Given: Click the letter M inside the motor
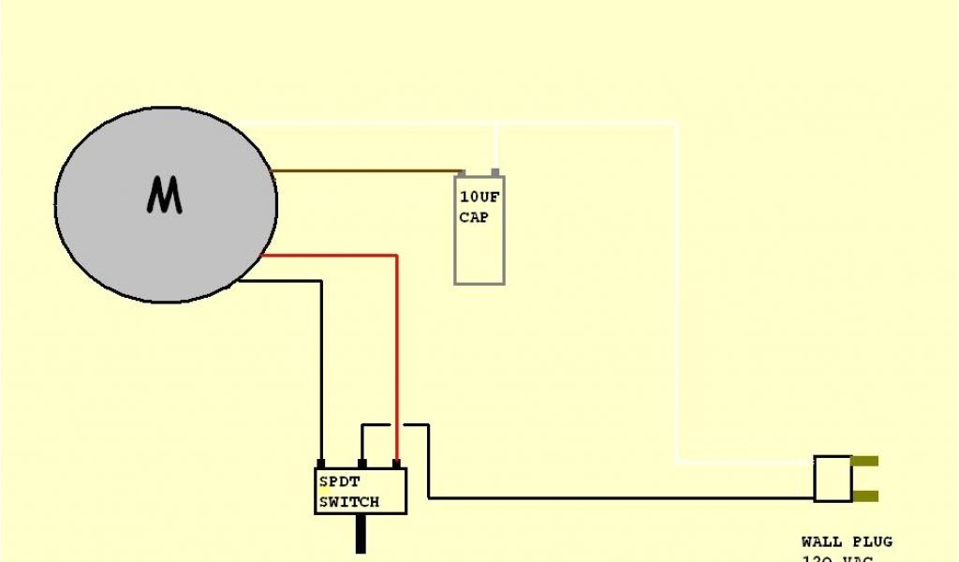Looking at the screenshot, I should click(x=164, y=196).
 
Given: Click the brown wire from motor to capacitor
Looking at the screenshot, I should click(x=365, y=171).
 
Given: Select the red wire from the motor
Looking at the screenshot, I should click(x=396, y=356).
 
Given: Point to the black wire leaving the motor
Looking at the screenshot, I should click(x=321, y=375).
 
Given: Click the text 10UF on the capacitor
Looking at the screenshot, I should click(x=479, y=198).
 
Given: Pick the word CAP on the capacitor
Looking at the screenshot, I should click(x=474, y=217).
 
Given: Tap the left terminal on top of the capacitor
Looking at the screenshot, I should click(x=461, y=173).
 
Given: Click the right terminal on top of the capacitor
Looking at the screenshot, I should click(x=494, y=173).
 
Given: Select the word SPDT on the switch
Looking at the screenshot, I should click(x=339, y=482).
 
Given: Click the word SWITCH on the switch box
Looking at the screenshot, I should click(x=349, y=502).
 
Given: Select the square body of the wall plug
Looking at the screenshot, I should click(x=832, y=479).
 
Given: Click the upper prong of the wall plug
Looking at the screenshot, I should click(x=865, y=462).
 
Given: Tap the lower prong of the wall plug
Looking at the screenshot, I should click(x=865, y=496).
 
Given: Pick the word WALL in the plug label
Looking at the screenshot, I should click(x=821, y=541).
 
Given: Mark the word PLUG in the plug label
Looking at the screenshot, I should click(x=871, y=541).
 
